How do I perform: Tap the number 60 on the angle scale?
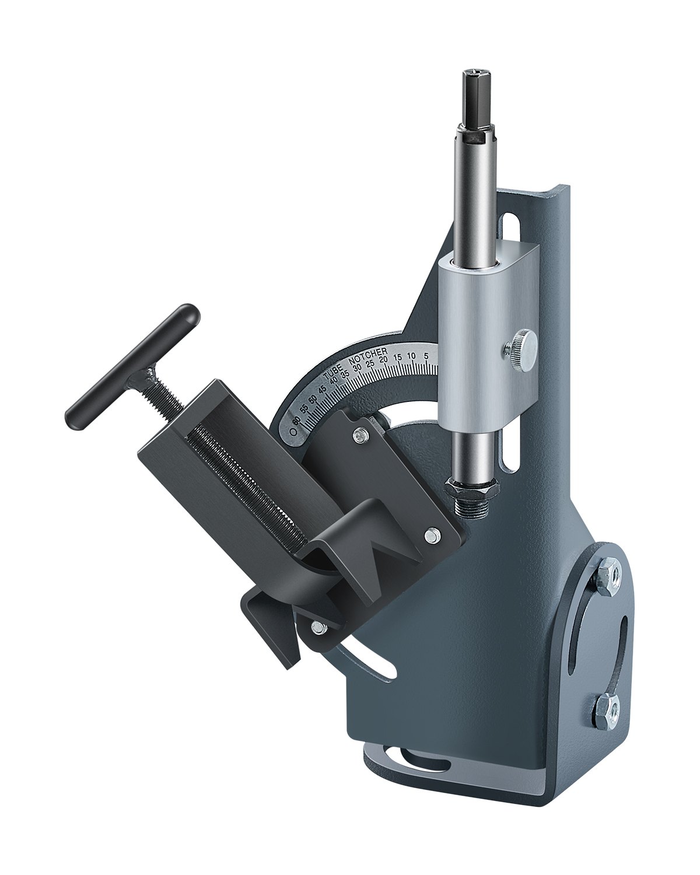297,421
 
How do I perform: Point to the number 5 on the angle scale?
426,355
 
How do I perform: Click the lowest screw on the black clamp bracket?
318,627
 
